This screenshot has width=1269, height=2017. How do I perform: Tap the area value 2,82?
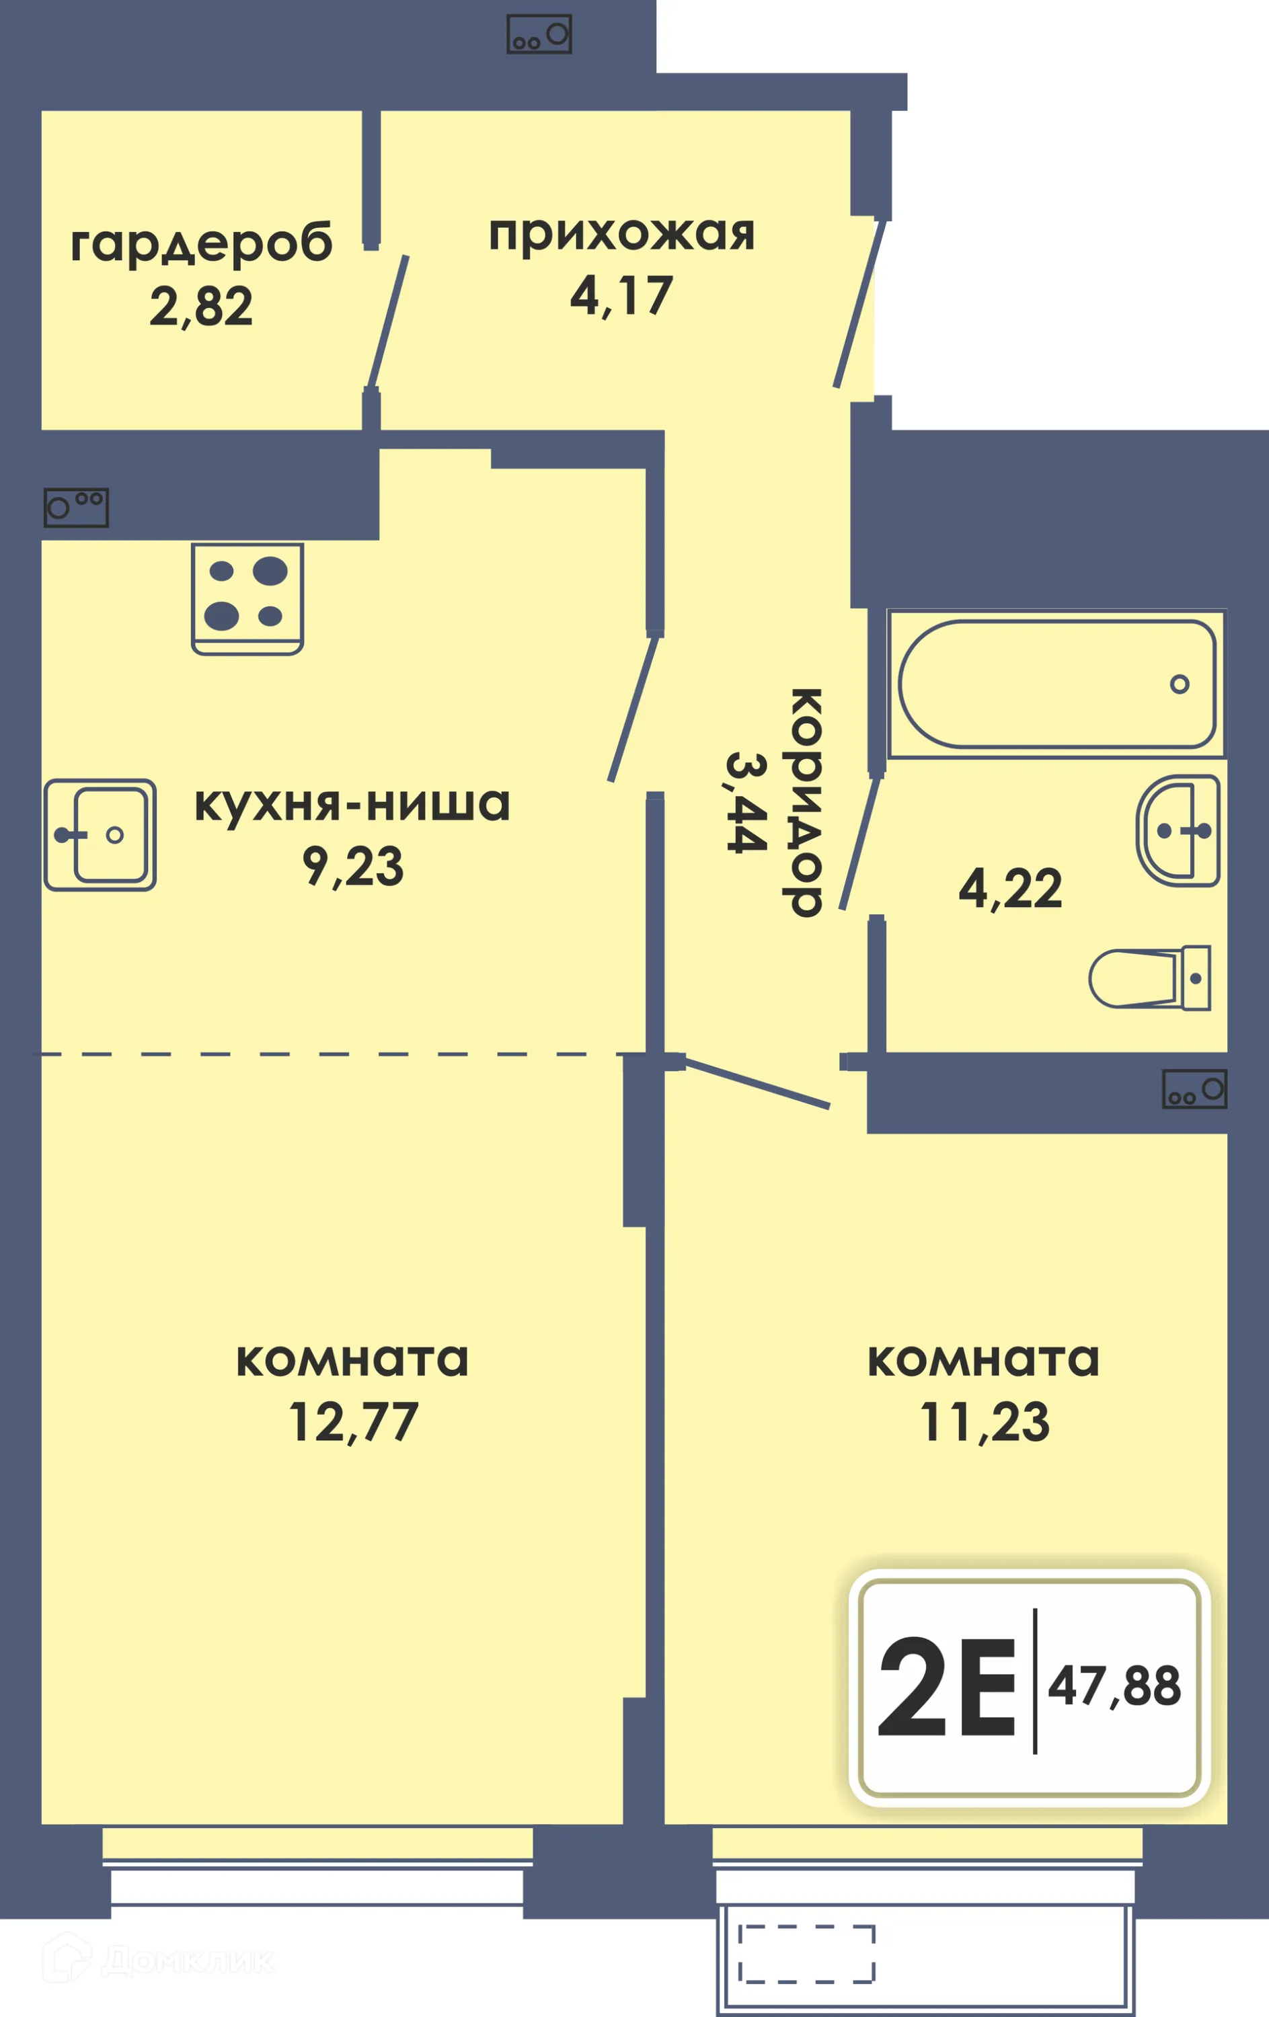(x=201, y=307)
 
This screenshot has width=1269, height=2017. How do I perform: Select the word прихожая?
(x=621, y=235)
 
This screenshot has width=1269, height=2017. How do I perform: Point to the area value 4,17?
(x=621, y=296)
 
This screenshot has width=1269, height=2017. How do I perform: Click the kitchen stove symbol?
(x=247, y=598)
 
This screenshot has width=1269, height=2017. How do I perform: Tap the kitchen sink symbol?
(x=100, y=834)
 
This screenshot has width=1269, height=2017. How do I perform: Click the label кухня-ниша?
(x=352, y=804)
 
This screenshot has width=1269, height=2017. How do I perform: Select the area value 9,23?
(x=352, y=866)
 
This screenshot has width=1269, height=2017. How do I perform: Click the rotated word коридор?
(x=806, y=803)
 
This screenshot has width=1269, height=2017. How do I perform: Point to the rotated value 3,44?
(x=746, y=803)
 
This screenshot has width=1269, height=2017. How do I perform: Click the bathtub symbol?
(x=1057, y=684)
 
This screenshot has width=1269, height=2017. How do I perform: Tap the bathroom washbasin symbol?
(x=1178, y=830)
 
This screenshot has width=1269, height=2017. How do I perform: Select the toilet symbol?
(x=1150, y=978)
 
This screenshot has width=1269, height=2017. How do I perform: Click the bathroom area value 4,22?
(x=1010, y=889)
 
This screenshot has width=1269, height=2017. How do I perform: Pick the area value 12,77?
(x=352, y=1422)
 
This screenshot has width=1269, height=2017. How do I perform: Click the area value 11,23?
(x=985, y=1422)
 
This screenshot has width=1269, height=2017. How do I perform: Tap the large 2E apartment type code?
(x=946, y=1688)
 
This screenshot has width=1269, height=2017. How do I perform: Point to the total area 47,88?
(x=1115, y=1686)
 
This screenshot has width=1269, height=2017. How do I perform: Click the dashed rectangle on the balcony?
(x=806, y=1954)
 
